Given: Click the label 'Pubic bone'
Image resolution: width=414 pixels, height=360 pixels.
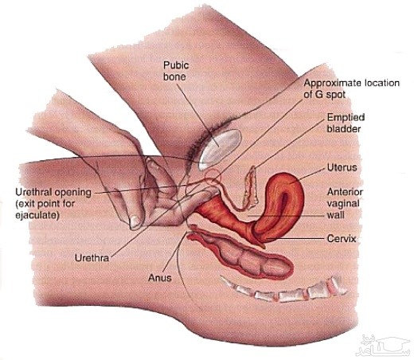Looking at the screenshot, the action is click(176, 71).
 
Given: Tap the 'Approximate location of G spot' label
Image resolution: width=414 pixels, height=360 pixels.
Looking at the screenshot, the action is click(351, 88).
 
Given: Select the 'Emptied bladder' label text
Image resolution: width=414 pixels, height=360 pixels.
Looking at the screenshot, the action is click(346, 123).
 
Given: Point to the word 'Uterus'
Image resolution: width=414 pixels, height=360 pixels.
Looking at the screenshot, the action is click(342, 167).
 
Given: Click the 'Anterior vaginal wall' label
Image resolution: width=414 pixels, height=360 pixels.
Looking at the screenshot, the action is click(345, 203).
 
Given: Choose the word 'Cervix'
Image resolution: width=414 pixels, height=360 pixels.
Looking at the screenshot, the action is click(342, 238).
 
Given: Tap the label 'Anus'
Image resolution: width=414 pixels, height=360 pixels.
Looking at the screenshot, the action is click(160, 278).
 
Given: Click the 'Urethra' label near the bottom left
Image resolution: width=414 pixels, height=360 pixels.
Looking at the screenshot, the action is click(92, 258).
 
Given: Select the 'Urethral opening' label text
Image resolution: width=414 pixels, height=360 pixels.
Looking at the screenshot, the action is click(53, 192).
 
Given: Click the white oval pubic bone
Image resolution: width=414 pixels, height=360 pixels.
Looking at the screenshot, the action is click(220, 150).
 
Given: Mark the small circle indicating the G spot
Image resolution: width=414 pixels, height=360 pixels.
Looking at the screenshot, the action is click(213, 177).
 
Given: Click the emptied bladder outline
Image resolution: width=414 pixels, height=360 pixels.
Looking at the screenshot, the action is click(251, 188).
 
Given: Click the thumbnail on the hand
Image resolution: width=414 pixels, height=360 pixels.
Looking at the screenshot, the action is click(135, 221).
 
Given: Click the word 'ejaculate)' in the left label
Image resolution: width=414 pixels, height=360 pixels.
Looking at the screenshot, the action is click(37, 215).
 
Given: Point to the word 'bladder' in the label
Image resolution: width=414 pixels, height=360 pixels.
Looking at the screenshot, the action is click(344, 129).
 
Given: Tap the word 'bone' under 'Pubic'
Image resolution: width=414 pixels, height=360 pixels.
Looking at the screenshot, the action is click(174, 76).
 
